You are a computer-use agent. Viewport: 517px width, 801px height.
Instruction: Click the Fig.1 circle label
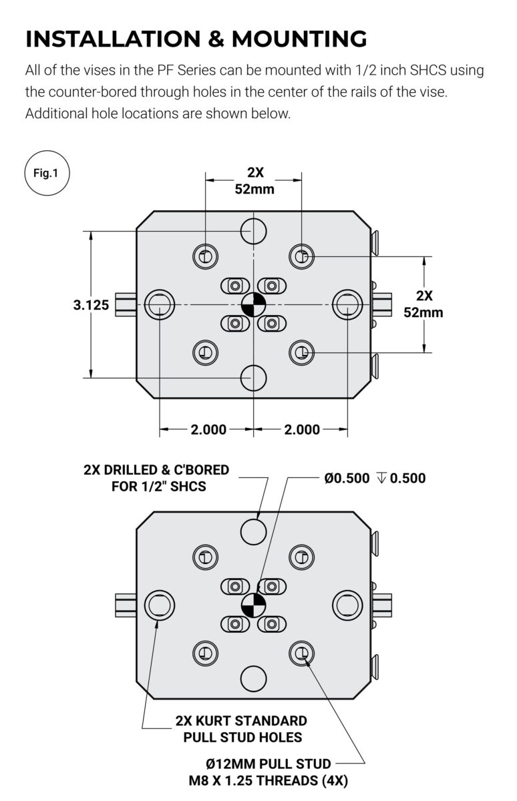click(x=47, y=173)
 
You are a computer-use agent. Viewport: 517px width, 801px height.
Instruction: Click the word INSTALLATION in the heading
click(x=113, y=39)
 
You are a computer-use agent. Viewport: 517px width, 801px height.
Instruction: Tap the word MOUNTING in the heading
click(x=299, y=39)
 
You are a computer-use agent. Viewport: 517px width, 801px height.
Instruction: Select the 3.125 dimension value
click(x=91, y=305)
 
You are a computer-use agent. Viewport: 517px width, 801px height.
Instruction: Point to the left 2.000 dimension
click(x=208, y=429)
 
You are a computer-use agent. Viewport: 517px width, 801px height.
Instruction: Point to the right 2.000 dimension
click(x=302, y=429)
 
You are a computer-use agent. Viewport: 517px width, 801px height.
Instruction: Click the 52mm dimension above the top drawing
click(x=254, y=189)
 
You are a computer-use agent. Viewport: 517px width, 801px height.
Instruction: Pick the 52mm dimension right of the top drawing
click(x=423, y=312)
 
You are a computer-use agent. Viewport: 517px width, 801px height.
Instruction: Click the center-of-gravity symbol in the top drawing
click(x=253, y=305)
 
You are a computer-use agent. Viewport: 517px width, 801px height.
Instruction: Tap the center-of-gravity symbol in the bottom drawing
click(x=253, y=606)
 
